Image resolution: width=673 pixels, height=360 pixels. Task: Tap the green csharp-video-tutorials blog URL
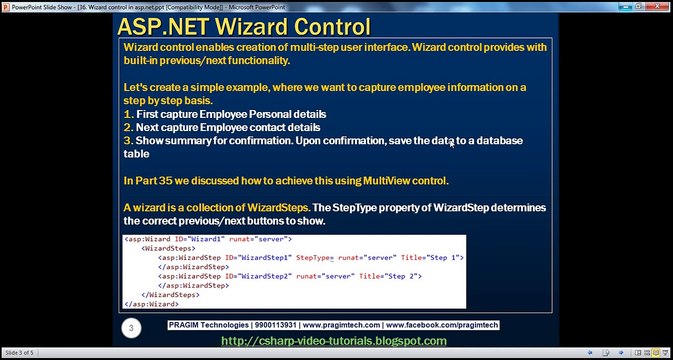(x=333, y=341)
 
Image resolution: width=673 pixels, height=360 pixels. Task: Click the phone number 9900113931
(x=267, y=326)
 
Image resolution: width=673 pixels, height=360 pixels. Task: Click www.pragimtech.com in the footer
(x=340, y=326)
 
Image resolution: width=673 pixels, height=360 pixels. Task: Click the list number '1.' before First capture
(x=128, y=114)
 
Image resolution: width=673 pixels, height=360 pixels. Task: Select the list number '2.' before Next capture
(x=128, y=128)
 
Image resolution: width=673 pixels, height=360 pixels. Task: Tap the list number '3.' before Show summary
(x=128, y=141)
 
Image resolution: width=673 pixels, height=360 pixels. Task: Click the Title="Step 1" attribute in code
(x=433, y=258)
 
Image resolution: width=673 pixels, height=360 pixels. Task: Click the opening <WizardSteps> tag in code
(x=167, y=249)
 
